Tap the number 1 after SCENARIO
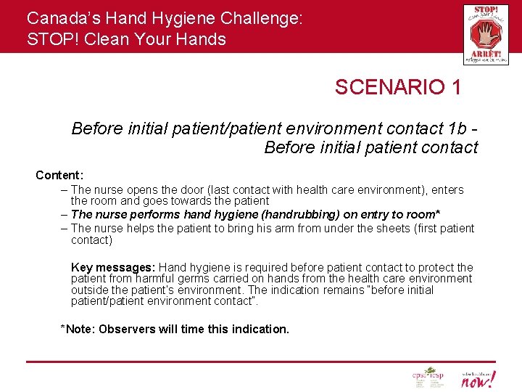point(455,88)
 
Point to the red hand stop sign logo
point(486,34)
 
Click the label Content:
point(59,175)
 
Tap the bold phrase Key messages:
point(113,267)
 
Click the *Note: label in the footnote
point(78,329)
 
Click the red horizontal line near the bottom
point(261,361)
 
